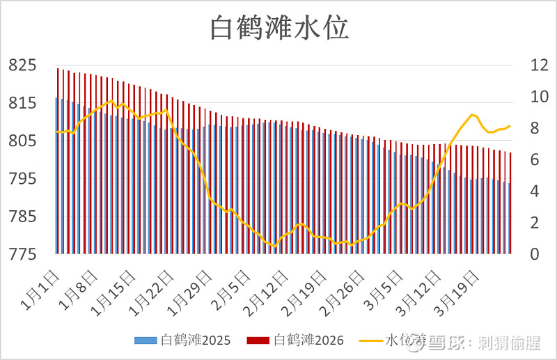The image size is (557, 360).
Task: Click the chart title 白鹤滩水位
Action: point(278,29)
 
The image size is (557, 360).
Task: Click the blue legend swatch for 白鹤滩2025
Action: point(146,341)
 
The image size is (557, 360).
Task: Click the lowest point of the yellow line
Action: point(274,246)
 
